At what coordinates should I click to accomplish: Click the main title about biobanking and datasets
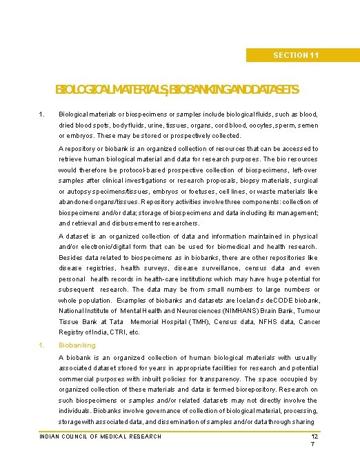(x=177, y=90)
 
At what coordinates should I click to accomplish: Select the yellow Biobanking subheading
(x=77, y=345)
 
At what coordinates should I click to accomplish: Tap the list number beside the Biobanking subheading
(x=41, y=345)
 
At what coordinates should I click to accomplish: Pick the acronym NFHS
(x=262, y=322)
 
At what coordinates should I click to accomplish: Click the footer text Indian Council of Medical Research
(x=101, y=436)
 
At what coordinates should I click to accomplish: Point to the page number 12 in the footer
(x=314, y=437)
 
